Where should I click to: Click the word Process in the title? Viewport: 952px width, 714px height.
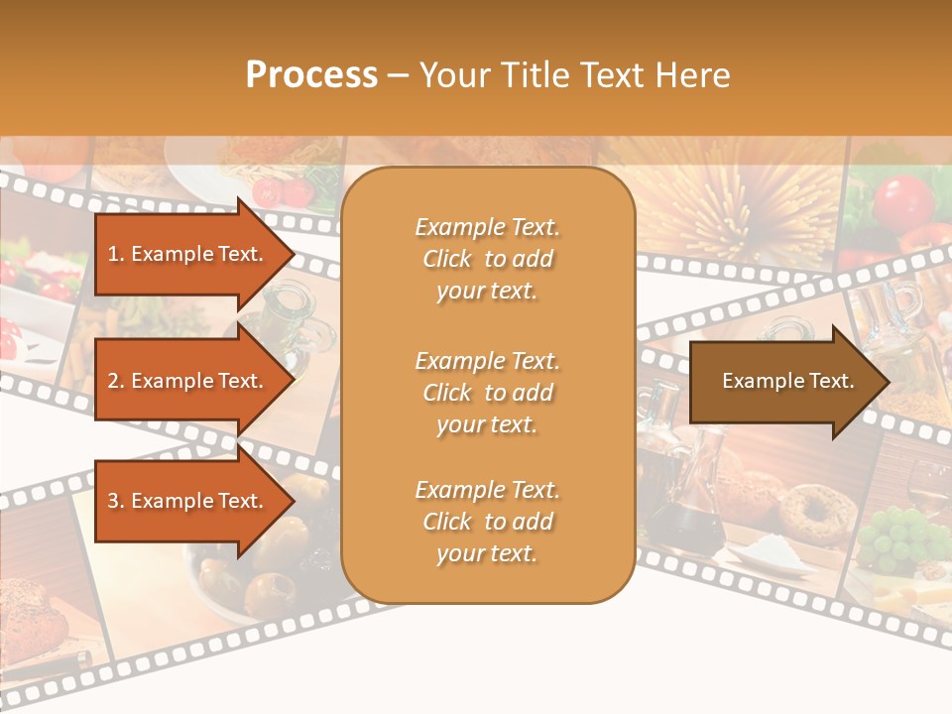pos(310,75)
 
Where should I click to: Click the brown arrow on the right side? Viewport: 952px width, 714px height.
pos(783,382)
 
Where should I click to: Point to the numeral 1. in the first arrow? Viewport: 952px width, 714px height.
pos(115,254)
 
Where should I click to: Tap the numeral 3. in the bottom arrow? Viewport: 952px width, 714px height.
pos(115,501)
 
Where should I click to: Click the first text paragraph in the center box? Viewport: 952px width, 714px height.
pos(487,259)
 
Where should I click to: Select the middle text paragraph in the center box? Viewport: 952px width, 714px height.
pos(487,393)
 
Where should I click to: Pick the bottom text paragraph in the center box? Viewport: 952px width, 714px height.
pos(487,522)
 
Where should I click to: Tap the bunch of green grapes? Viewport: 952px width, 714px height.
pos(898,539)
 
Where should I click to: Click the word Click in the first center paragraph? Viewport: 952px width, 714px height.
pos(447,259)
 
